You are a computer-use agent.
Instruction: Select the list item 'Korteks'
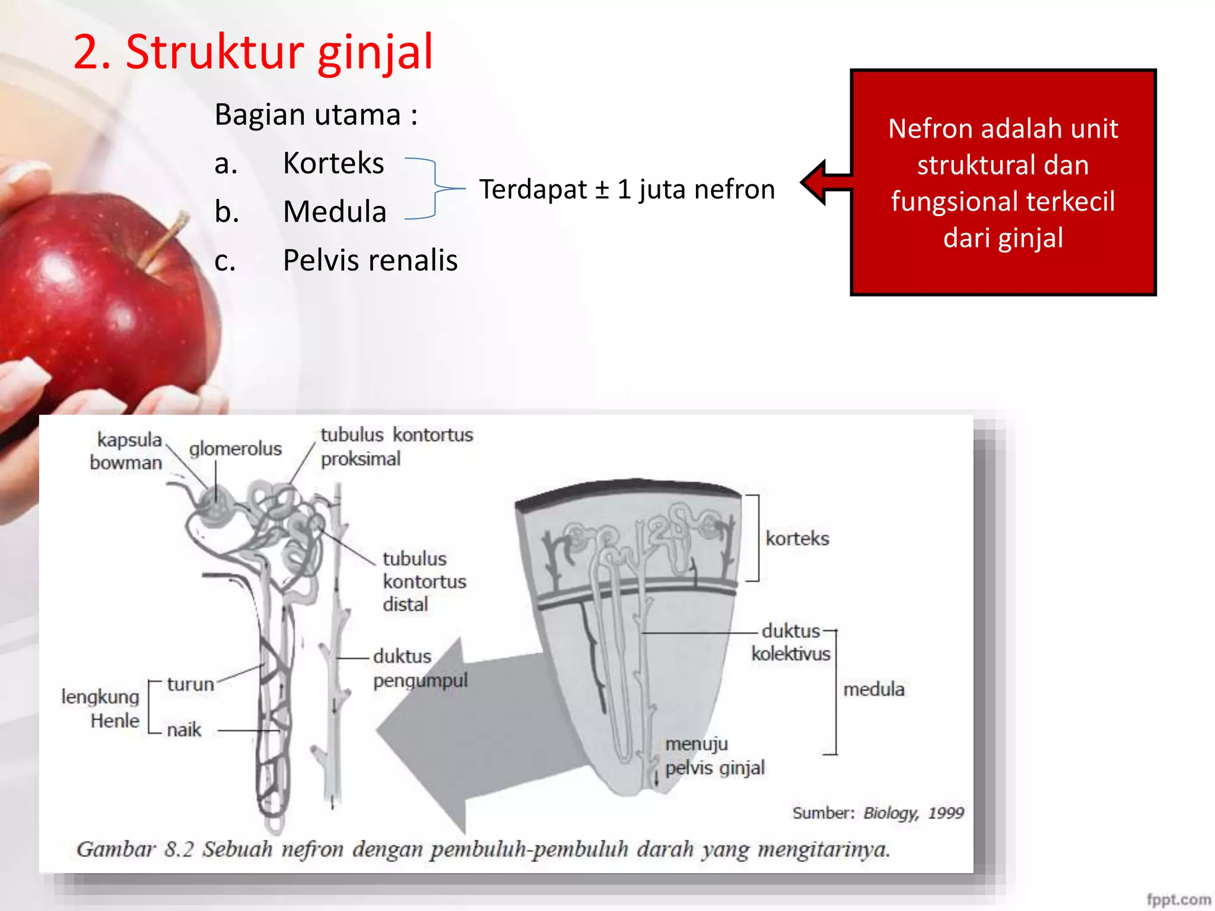click(x=333, y=163)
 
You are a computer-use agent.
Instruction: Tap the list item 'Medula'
click(x=335, y=212)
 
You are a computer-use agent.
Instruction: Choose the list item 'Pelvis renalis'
click(x=370, y=260)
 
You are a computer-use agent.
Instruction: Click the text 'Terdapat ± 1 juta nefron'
click(x=627, y=190)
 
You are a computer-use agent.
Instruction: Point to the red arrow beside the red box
click(x=825, y=182)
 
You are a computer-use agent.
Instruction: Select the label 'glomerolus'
click(x=235, y=449)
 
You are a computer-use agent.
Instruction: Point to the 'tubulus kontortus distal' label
click(x=424, y=581)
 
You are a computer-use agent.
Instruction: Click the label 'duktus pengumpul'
click(x=419, y=668)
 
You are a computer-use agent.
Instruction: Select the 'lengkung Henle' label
click(x=101, y=709)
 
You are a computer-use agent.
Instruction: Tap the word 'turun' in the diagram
click(x=190, y=684)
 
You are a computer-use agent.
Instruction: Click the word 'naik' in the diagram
click(x=184, y=730)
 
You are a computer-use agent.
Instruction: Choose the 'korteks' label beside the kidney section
click(x=797, y=539)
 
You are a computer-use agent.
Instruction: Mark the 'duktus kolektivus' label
click(x=791, y=642)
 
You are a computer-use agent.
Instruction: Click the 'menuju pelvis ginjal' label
click(x=714, y=756)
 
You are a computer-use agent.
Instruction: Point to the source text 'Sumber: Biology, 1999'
click(x=878, y=813)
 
